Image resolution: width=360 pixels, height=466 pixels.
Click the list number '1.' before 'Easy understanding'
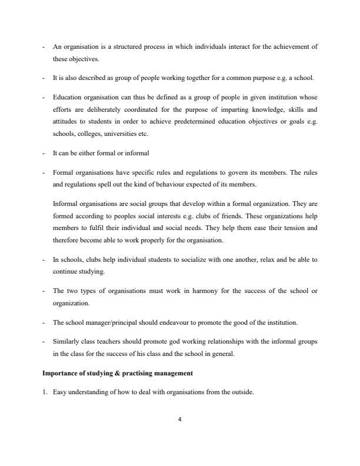(45, 394)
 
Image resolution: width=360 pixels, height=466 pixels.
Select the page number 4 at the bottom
(180, 420)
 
